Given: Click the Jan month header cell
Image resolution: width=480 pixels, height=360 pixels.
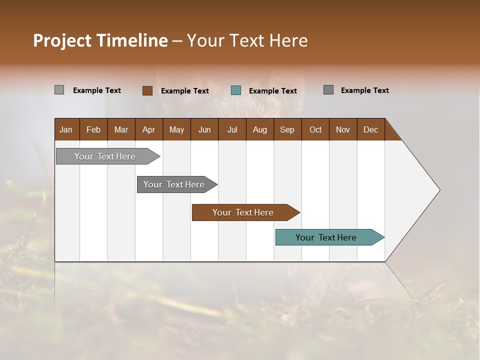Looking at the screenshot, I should [x=66, y=129].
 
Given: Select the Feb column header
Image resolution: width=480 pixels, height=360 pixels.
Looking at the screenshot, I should [x=93, y=129].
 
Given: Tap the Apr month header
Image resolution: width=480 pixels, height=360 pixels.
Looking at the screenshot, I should [x=149, y=129].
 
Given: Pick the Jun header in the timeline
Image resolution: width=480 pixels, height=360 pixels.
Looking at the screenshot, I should [x=204, y=129].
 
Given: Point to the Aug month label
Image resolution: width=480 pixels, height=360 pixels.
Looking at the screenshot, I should [x=260, y=129].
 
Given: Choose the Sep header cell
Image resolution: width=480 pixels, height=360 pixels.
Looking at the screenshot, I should [x=287, y=129].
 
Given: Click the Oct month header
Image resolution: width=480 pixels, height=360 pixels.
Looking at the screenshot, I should [x=315, y=129].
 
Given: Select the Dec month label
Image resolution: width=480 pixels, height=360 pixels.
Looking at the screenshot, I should [x=371, y=129].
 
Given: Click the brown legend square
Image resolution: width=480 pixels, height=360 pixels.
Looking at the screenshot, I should [x=147, y=90].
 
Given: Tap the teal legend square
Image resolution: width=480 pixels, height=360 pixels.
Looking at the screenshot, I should [x=236, y=90].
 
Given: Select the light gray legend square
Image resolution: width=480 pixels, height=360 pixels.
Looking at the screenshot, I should [x=59, y=90].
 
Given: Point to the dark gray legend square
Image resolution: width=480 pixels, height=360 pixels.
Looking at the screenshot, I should [x=328, y=90].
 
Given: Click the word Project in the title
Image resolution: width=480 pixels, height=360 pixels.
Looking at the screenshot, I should [x=62, y=40].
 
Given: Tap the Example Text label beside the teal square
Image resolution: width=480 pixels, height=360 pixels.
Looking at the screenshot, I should [x=273, y=91].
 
